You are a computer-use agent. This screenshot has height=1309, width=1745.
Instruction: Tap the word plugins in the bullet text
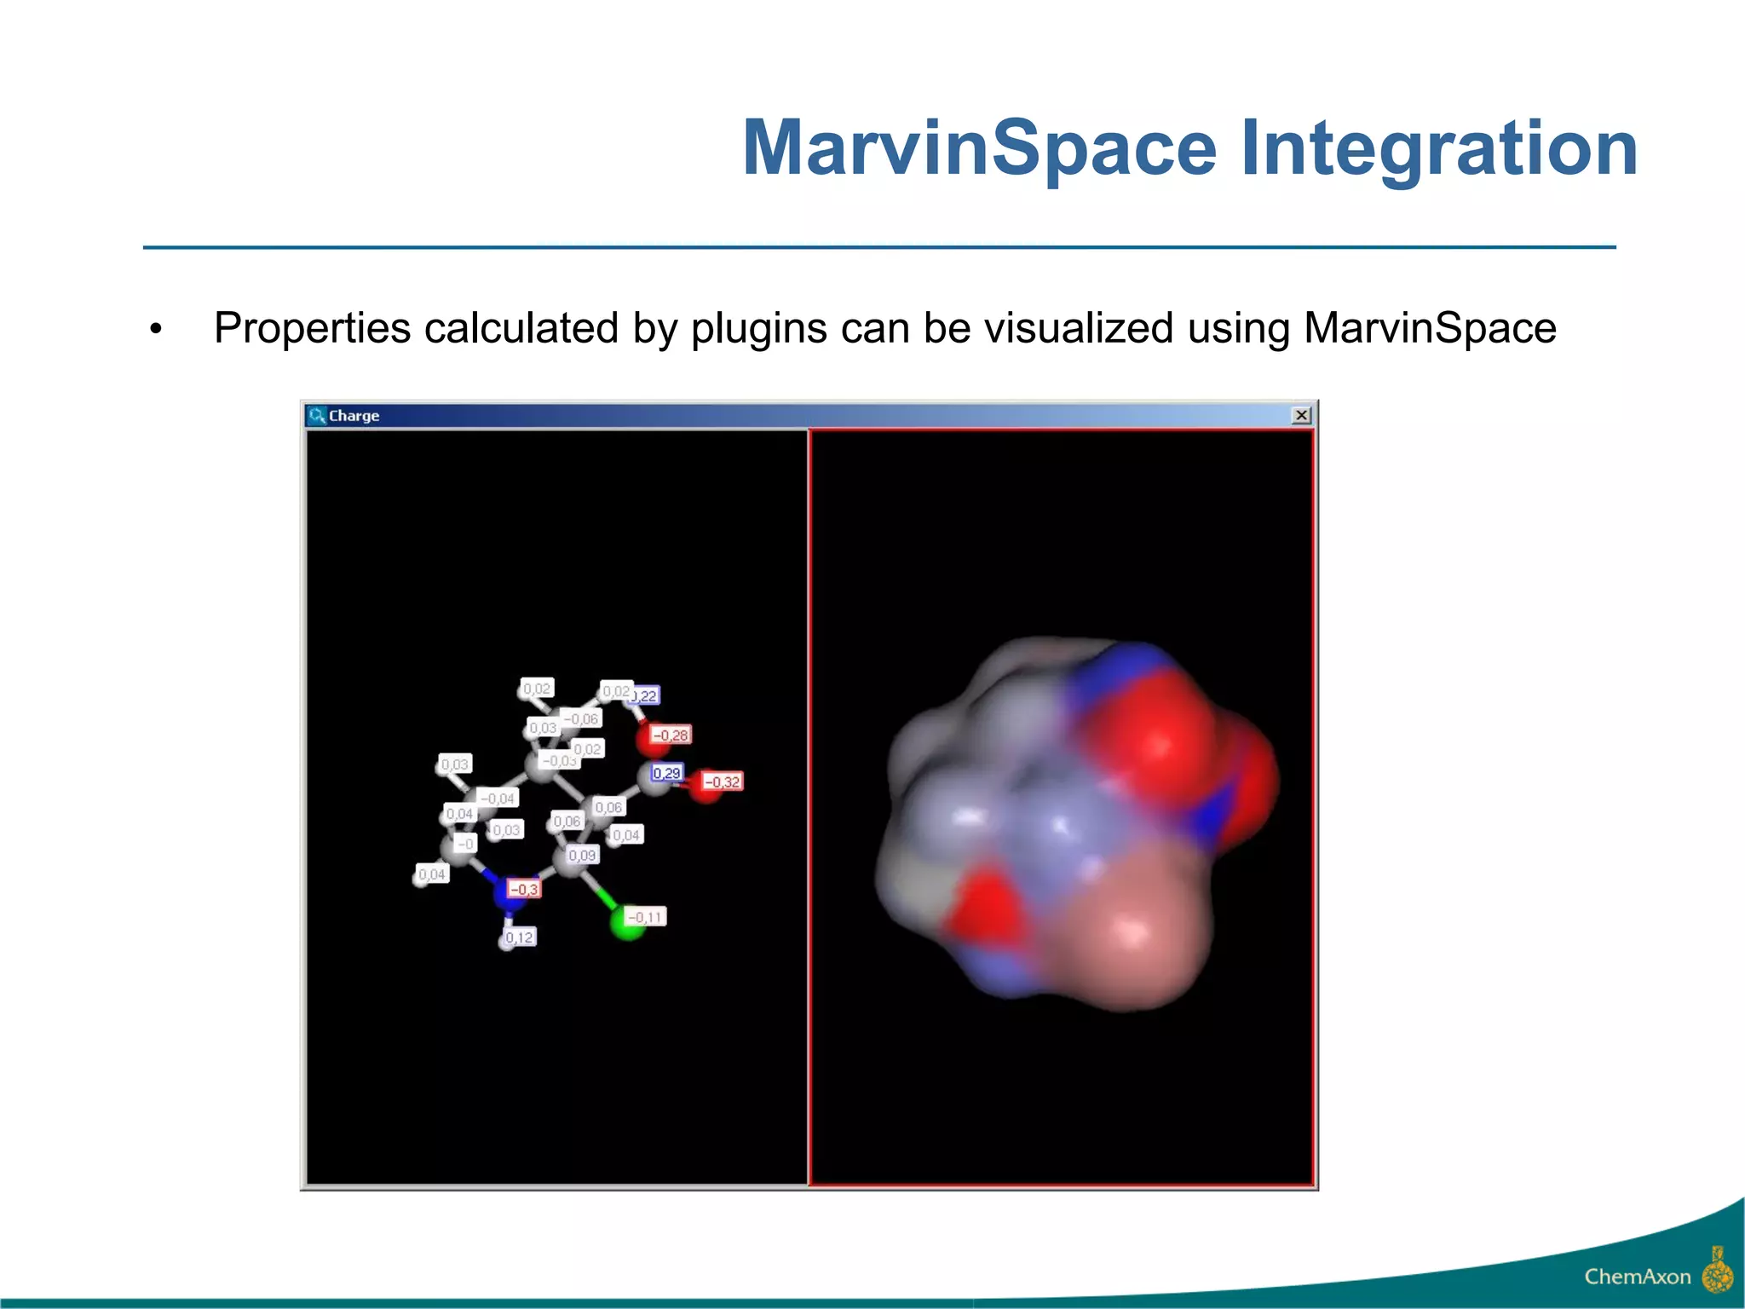pos(758,329)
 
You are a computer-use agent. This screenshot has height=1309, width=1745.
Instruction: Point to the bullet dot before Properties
pos(155,330)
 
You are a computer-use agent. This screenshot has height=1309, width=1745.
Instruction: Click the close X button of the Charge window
pos(1301,415)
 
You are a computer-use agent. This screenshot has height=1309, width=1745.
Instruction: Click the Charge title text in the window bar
pos(354,416)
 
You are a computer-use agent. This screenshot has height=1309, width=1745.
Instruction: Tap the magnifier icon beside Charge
pos(317,415)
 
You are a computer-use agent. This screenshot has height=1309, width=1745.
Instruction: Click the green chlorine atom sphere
pos(628,925)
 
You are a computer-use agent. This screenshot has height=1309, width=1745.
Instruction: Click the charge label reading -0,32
pos(723,781)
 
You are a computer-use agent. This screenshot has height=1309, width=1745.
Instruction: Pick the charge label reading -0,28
pos(671,735)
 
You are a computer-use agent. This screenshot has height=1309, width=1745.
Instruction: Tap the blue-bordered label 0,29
pos(666,773)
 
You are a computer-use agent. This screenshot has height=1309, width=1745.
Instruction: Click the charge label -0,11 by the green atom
pos(646,917)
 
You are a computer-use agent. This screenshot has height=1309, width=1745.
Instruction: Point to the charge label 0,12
pos(519,937)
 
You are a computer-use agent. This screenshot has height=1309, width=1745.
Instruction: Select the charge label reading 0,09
pos(583,855)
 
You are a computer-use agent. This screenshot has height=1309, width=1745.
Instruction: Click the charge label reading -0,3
pos(524,889)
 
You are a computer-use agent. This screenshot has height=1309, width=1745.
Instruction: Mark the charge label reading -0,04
pos(498,799)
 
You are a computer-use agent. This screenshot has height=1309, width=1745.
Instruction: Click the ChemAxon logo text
pos(1637,1277)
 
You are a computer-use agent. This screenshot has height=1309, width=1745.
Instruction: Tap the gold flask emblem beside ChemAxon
pos(1717,1272)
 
